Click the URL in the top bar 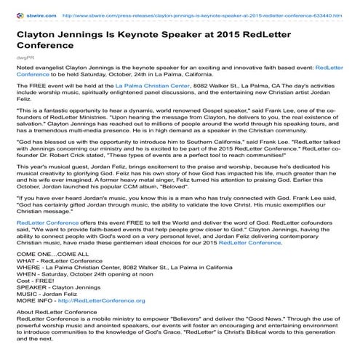tap(210, 12)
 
